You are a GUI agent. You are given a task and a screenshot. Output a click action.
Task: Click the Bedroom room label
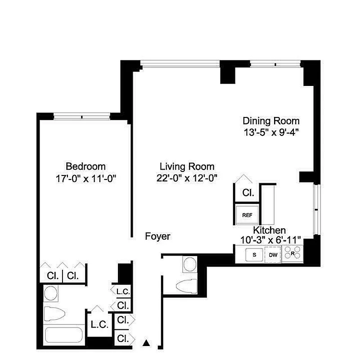[85, 166]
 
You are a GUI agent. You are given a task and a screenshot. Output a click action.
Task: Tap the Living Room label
[187, 166]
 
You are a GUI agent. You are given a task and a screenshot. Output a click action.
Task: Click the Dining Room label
[271, 121]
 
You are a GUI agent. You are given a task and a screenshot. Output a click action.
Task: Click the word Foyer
[157, 237]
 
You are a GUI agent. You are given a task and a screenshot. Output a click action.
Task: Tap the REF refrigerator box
[247, 215]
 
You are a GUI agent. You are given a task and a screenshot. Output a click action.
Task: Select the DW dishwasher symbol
[273, 255]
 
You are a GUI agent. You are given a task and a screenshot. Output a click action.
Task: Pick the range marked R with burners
[293, 255]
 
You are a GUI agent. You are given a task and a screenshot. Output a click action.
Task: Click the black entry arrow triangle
[146, 343]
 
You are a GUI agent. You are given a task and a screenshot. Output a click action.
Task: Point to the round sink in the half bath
[189, 263]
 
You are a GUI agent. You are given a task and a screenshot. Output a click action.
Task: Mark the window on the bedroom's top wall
[82, 117]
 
